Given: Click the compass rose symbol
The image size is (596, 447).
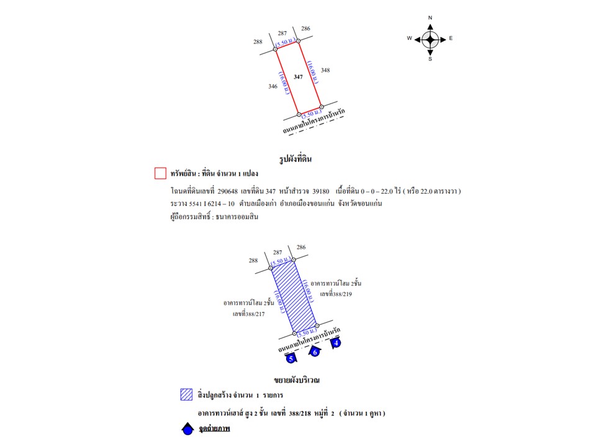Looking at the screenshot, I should coord(430,39).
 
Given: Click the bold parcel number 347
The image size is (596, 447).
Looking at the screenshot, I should coord(299,76).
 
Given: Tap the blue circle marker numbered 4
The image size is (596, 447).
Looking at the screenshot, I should coord(336,342).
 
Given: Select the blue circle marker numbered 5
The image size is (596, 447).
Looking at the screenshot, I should coord(290,358).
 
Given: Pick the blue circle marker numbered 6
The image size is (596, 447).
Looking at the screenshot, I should coord(314,352).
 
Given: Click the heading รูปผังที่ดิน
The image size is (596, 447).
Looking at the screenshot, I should coord(296,160).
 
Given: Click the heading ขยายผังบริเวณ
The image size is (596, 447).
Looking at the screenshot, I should coord(300,379).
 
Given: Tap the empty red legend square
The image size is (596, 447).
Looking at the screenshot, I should coord(160,173).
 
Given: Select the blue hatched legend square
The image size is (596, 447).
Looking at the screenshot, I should coord(186,394).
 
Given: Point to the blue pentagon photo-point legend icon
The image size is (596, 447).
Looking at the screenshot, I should coord(186,428).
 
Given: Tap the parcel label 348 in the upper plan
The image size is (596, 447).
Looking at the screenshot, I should coord(325,70).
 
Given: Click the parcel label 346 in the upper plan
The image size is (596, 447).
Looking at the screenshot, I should coord(273,86).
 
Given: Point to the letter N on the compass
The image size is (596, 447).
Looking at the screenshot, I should coord(430,17).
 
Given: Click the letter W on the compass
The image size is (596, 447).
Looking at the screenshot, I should coord(409,38).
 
